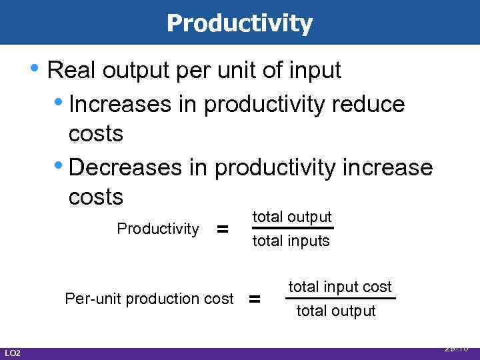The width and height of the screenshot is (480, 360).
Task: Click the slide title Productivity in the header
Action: (239, 23)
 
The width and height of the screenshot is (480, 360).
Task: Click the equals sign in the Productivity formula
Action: (223, 229)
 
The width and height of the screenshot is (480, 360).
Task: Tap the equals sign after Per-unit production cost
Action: (254, 299)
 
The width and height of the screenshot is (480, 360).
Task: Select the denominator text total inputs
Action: (291, 241)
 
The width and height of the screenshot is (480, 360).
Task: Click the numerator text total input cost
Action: (340, 287)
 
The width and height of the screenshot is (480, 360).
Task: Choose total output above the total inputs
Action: (291, 217)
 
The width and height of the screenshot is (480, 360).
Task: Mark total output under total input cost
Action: (336, 311)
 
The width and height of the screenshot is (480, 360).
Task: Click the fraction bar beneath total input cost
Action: (340, 299)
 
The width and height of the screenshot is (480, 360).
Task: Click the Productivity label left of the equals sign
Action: (158, 229)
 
